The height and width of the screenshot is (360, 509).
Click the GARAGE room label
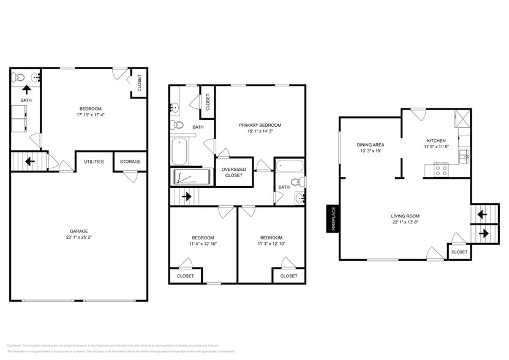point(78,231)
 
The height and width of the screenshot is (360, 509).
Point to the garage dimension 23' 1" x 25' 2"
point(78,238)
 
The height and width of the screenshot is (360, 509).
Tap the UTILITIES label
point(94,162)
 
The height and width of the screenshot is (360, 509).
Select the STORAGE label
point(130,162)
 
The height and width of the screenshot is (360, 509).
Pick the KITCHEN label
point(436,141)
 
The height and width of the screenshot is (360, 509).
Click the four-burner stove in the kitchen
point(441,170)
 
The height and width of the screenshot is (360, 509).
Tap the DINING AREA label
point(370,145)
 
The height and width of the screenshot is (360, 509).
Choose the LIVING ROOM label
point(405,216)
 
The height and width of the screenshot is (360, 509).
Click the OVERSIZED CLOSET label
point(233,172)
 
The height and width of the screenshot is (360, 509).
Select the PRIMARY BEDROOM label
point(260,125)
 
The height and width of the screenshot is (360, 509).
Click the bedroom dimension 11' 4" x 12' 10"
point(203,244)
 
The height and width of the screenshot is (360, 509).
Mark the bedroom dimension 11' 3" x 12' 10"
point(271,244)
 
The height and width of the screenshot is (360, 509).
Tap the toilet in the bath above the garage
point(19,78)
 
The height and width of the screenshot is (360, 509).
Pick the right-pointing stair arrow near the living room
point(481,233)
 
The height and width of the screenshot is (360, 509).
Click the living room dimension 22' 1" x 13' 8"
point(405,222)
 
